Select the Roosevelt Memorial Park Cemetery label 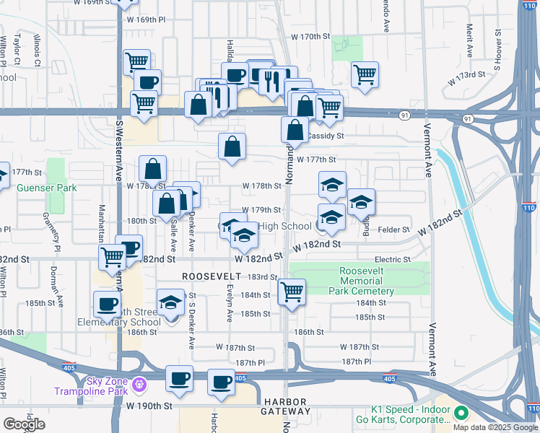click(x=367, y=281)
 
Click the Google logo click(x=24, y=424)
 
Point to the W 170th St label click(x=310, y=36)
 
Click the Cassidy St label click(x=326, y=136)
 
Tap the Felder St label click(x=393, y=229)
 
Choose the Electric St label click(x=392, y=259)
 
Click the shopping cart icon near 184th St click(x=292, y=292)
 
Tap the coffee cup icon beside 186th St click(x=107, y=304)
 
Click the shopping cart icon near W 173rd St click(x=365, y=74)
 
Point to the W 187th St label click(x=360, y=347)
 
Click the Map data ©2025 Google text click(x=495, y=427)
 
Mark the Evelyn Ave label click(x=229, y=307)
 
